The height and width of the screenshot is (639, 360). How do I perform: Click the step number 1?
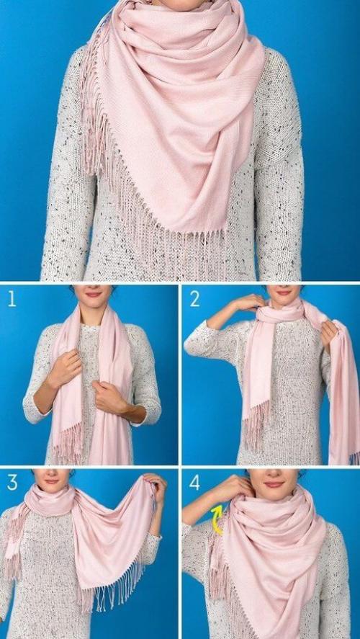[x=12, y=300]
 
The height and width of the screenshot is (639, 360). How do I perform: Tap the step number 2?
[x=194, y=300]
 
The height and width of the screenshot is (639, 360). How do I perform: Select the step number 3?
[x=12, y=483]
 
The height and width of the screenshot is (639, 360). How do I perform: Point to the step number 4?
[x=194, y=483]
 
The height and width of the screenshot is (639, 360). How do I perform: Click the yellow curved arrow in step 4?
[x=217, y=519]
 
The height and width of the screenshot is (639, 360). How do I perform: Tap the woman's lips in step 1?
[x=94, y=293]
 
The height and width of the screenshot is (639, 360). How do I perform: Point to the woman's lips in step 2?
[x=284, y=292]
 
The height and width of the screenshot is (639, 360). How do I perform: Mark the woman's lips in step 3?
[x=52, y=481]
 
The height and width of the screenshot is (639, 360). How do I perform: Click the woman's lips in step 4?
[x=274, y=484]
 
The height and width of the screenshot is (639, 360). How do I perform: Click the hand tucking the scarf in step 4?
[x=234, y=487]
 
